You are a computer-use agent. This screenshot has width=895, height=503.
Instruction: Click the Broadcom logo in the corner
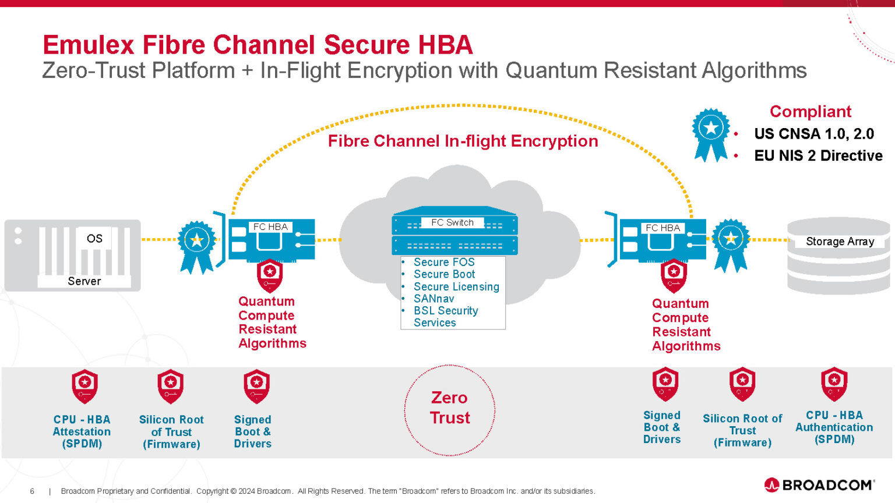coord(819,485)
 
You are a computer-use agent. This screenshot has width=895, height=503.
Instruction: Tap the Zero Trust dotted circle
coord(449,409)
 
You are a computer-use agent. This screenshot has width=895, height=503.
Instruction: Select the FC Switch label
coord(452,222)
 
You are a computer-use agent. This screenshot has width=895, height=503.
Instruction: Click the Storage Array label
coord(840,242)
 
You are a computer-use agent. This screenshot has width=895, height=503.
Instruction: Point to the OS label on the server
coord(94,239)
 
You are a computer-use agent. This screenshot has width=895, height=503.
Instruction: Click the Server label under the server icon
coord(84,281)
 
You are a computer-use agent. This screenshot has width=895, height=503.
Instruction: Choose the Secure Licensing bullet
coord(456,286)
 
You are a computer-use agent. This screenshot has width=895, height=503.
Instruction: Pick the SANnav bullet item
coord(434,299)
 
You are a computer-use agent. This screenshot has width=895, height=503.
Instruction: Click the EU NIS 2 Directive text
coord(818,156)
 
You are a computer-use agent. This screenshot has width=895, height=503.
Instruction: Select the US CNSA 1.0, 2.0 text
coord(814,134)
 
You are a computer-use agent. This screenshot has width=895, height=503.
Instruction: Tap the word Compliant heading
coord(810,111)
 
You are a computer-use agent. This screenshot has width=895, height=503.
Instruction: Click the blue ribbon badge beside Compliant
coord(710,133)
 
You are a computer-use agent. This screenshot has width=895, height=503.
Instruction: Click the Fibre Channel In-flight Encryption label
coord(463,141)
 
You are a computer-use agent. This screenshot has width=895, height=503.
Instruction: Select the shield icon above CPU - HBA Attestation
coord(84,386)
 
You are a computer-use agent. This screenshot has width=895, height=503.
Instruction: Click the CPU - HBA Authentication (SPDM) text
coord(834,427)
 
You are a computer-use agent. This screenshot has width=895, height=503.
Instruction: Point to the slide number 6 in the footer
coord(32,491)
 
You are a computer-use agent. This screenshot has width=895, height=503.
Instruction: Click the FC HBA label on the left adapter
coord(270,227)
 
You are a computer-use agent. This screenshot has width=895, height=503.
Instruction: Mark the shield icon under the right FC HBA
coord(674,275)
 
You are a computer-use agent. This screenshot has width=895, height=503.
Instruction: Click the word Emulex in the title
coord(88,45)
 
